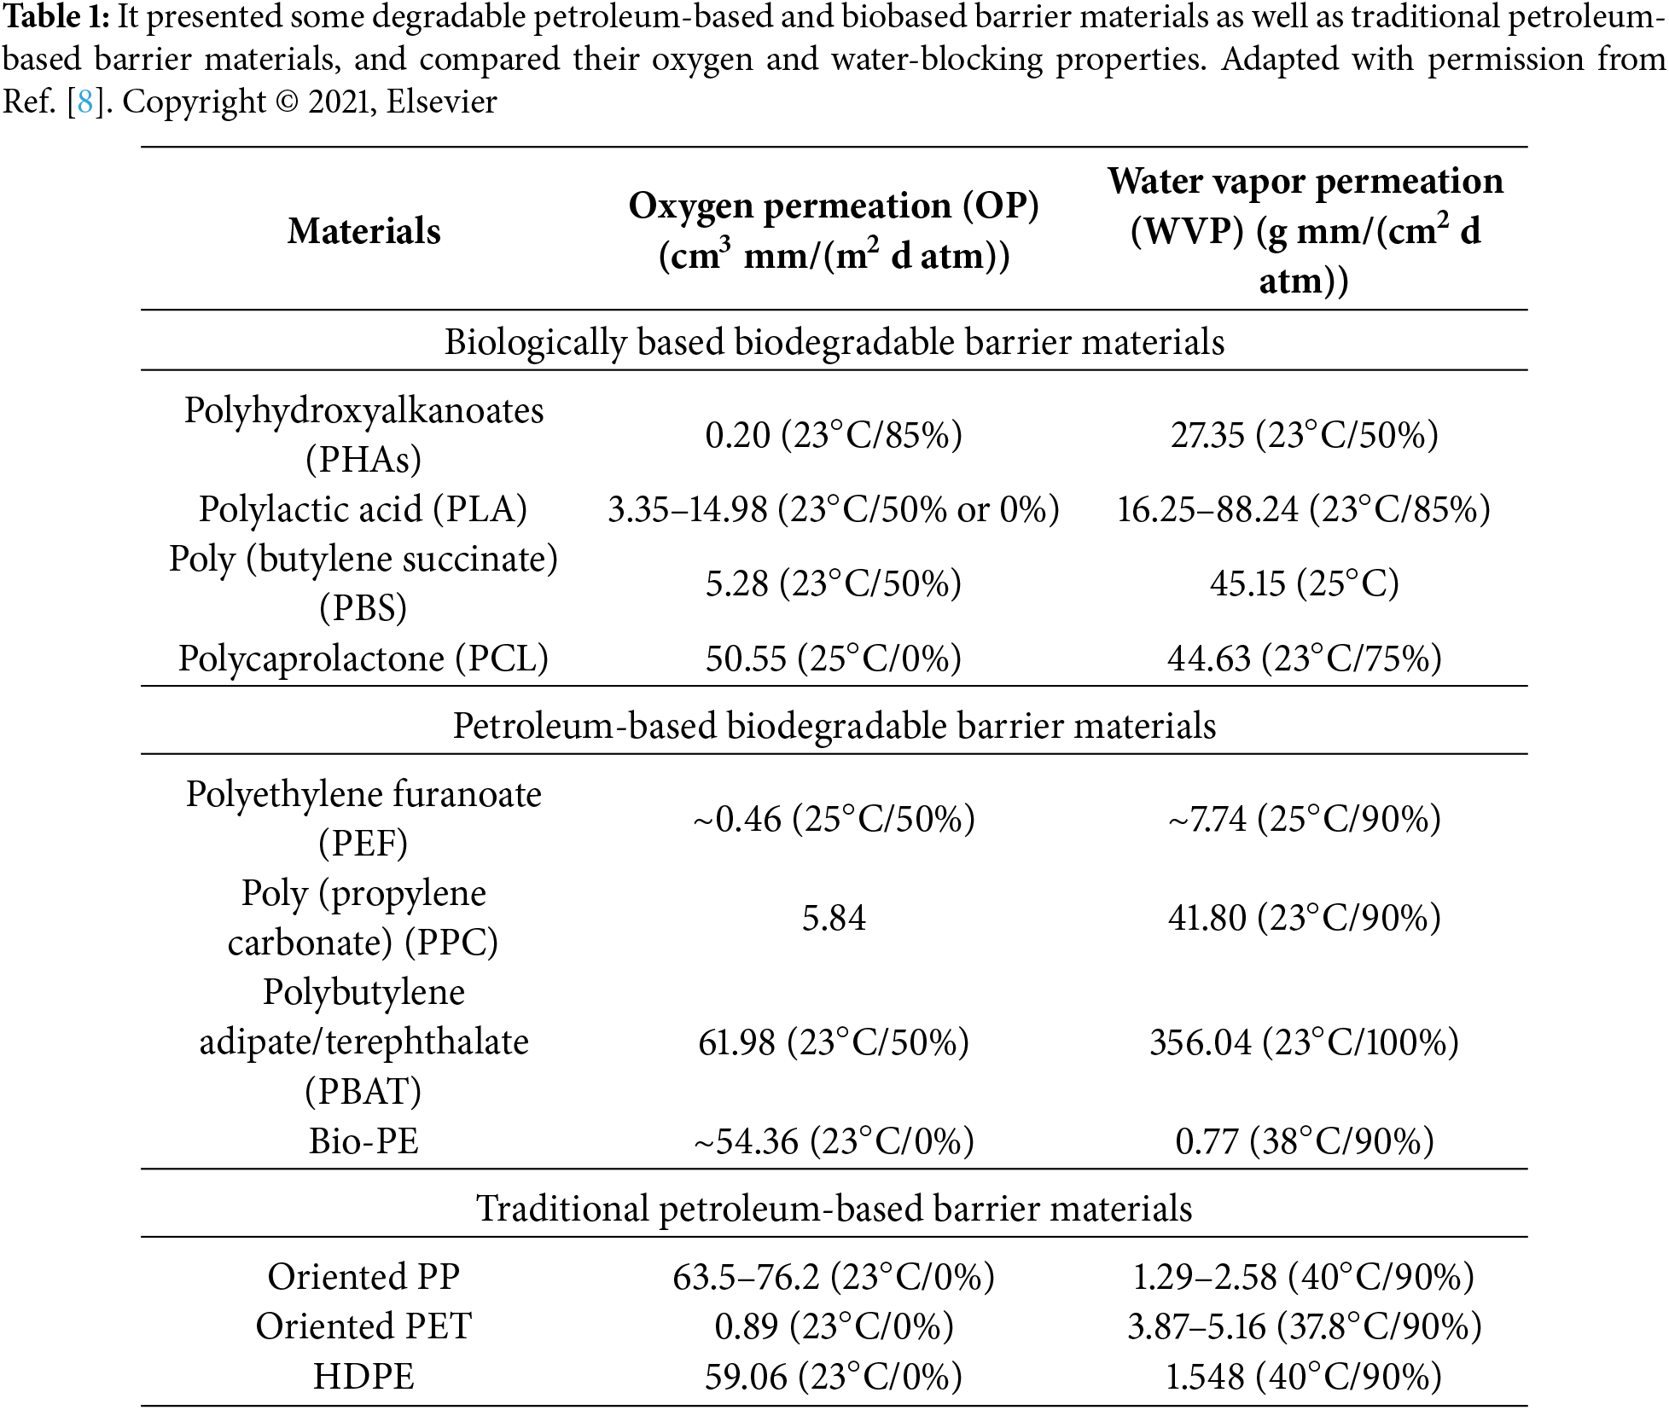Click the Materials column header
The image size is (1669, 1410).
[x=363, y=231]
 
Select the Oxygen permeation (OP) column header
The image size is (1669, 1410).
[x=834, y=230]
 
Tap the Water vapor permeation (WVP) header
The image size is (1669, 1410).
[x=1305, y=230]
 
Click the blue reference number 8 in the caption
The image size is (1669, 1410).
[x=84, y=102]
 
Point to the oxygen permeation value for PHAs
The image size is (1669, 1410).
[x=834, y=435]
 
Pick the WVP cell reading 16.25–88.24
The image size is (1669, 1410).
[x=1304, y=509]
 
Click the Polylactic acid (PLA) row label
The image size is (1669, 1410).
[x=363, y=509]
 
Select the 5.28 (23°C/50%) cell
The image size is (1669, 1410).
[x=834, y=583]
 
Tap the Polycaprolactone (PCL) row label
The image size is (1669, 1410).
[x=363, y=658]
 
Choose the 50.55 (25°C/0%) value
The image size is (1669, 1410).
[x=834, y=658]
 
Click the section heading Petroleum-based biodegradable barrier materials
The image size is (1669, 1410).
[x=834, y=726]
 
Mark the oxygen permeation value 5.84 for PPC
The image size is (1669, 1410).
[x=834, y=918]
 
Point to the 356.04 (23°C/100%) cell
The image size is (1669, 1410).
[x=1304, y=1042]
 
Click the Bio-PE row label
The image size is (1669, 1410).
[x=363, y=1140]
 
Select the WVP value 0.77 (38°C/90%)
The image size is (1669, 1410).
[x=1304, y=1140]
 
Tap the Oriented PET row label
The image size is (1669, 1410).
[x=363, y=1326]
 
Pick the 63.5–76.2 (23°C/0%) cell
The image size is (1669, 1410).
[x=834, y=1276]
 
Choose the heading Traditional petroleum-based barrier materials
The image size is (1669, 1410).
[x=834, y=1209]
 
